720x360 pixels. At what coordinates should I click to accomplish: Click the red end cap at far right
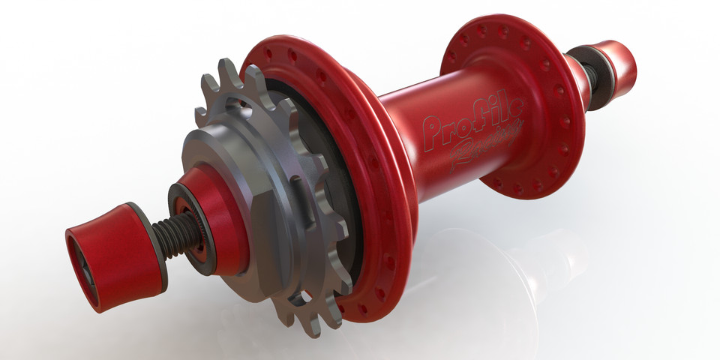[619, 64]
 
